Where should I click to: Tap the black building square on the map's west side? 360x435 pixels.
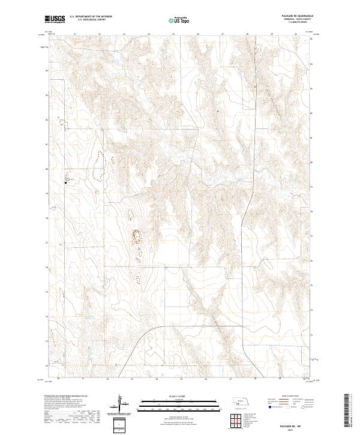pyautogui.click(x=66, y=182)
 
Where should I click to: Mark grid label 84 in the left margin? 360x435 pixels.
pyautogui.click(x=47, y=70)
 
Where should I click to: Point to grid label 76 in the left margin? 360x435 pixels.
pyautogui.click(x=47, y=268)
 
